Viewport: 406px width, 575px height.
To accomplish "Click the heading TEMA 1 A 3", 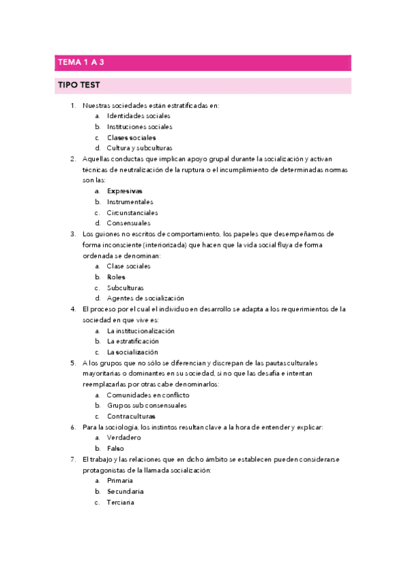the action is (x=80, y=62).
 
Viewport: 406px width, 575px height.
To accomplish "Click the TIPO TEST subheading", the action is (x=79, y=85).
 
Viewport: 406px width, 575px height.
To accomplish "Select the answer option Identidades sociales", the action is (x=138, y=116).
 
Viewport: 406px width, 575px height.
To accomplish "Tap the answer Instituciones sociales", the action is (x=139, y=127).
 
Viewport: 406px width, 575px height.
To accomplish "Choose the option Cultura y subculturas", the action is (x=139, y=148).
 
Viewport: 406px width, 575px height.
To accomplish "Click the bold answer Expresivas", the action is (x=125, y=191).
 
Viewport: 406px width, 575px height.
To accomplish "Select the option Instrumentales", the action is (x=129, y=202).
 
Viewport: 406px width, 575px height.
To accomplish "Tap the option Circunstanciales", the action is (x=133, y=212).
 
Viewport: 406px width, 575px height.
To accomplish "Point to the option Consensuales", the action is (x=129, y=223).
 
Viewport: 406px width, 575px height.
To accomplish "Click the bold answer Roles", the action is (x=117, y=277).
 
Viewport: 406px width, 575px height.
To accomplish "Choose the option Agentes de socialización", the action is (x=145, y=298).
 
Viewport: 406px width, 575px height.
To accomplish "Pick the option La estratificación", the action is (x=133, y=341).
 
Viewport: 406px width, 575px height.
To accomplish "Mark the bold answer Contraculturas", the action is (x=131, y=416).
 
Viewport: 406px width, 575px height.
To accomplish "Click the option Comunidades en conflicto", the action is (x=148, y=395).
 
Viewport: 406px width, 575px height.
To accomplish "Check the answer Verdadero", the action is (x=123, y=437).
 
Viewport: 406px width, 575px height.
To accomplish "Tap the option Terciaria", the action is (x=121, y=502).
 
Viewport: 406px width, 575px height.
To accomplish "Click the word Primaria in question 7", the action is (x=120, y=481).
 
